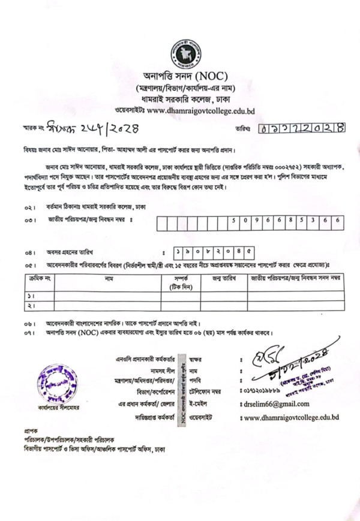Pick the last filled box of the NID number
(x=338, y=221)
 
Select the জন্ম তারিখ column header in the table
(x=223, y=278)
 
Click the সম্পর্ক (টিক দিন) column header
(x=181, y=282)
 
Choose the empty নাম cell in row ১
(x=108, y=296)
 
